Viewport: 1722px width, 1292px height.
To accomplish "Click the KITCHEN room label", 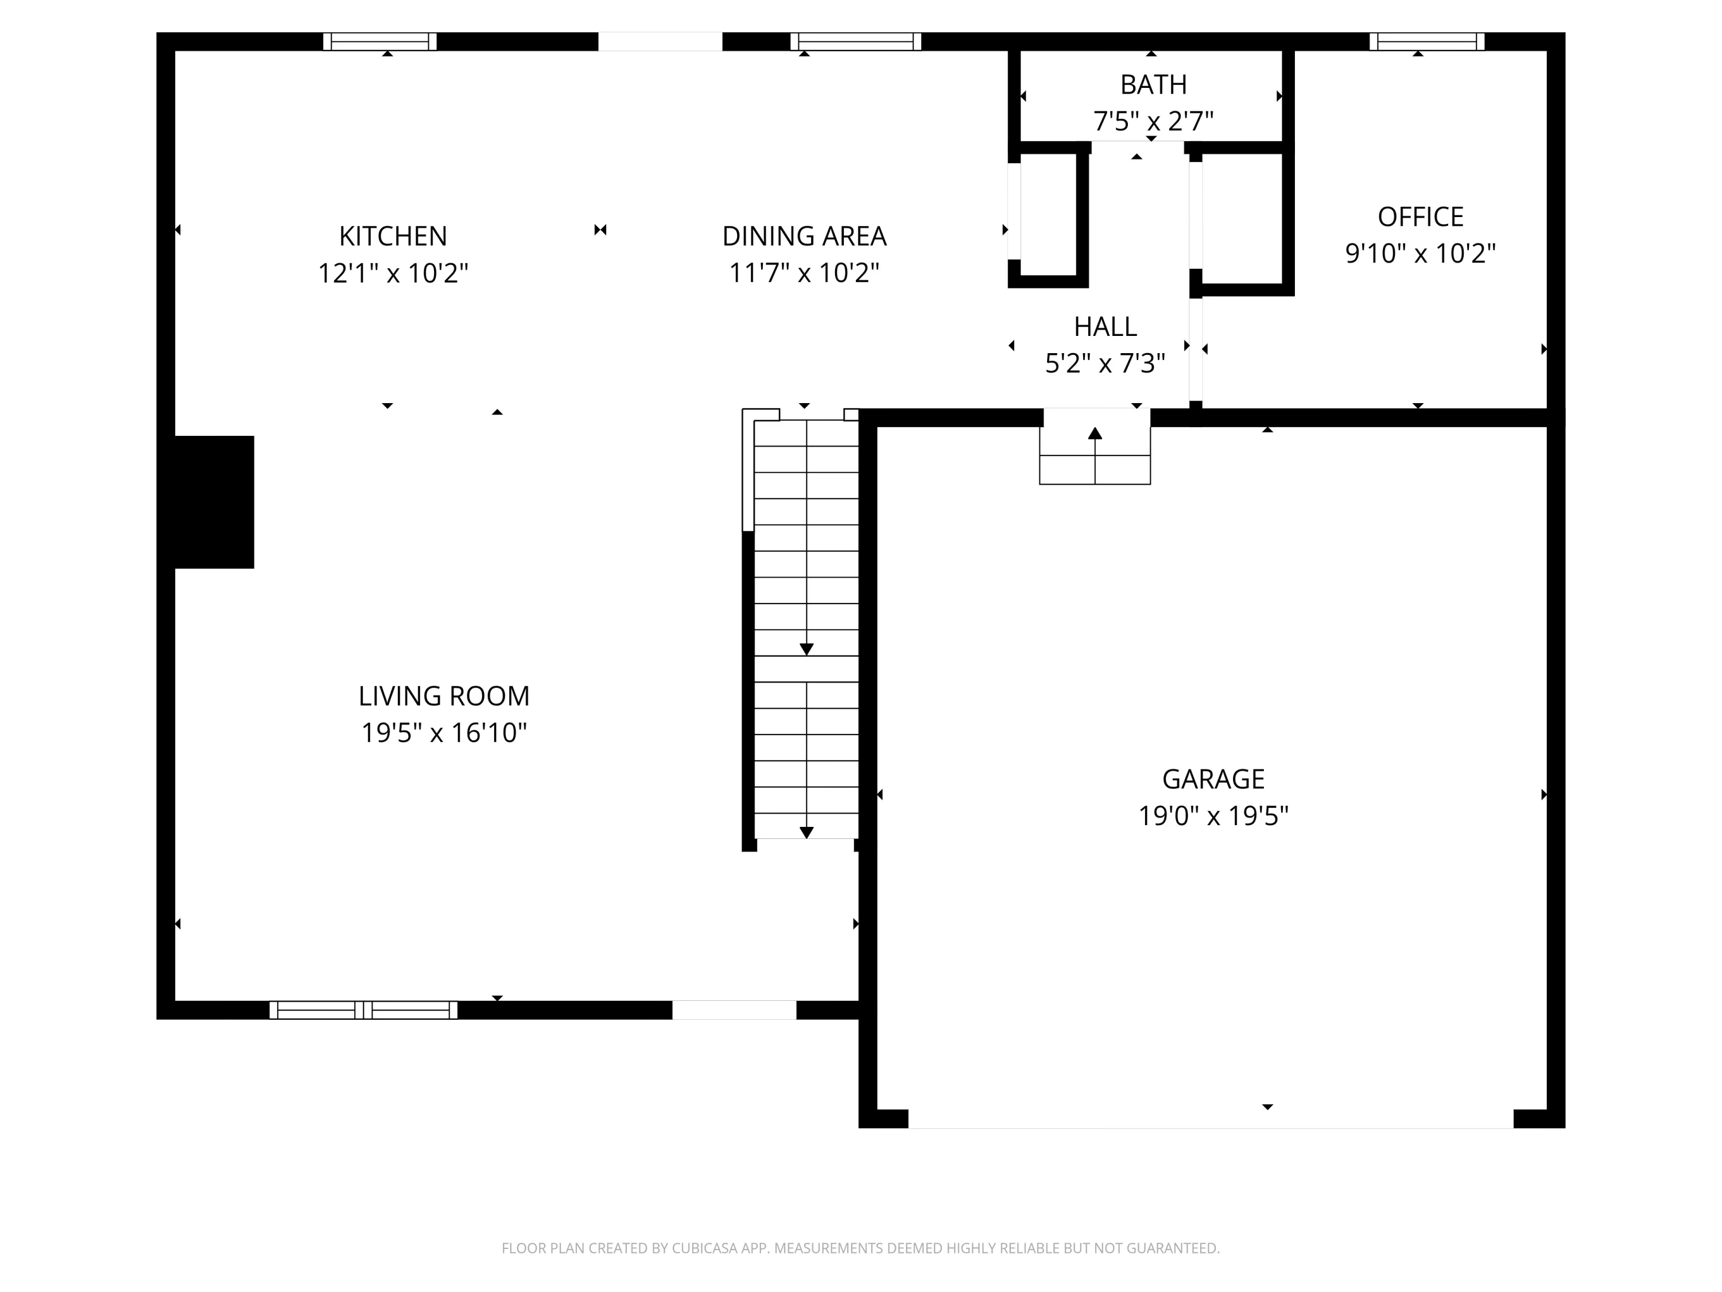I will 393,236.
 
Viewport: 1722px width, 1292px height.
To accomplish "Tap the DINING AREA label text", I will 804,236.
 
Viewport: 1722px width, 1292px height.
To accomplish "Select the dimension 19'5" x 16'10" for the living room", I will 444,733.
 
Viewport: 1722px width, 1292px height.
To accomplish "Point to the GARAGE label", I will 1213,779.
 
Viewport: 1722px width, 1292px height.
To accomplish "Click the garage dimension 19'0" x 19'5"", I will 1213,815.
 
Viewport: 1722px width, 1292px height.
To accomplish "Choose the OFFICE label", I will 1420,216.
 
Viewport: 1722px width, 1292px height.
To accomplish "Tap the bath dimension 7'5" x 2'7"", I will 1153,122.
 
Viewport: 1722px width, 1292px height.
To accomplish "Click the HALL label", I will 1105,326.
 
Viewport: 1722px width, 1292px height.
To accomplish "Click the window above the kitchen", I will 380,41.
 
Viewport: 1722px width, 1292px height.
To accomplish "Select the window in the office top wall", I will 1426,41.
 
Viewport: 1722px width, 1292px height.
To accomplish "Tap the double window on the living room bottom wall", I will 363,1010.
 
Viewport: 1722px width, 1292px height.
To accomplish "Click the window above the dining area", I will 856,41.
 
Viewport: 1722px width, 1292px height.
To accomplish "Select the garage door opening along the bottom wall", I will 1211,1120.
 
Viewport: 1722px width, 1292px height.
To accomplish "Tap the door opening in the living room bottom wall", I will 734,1010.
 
